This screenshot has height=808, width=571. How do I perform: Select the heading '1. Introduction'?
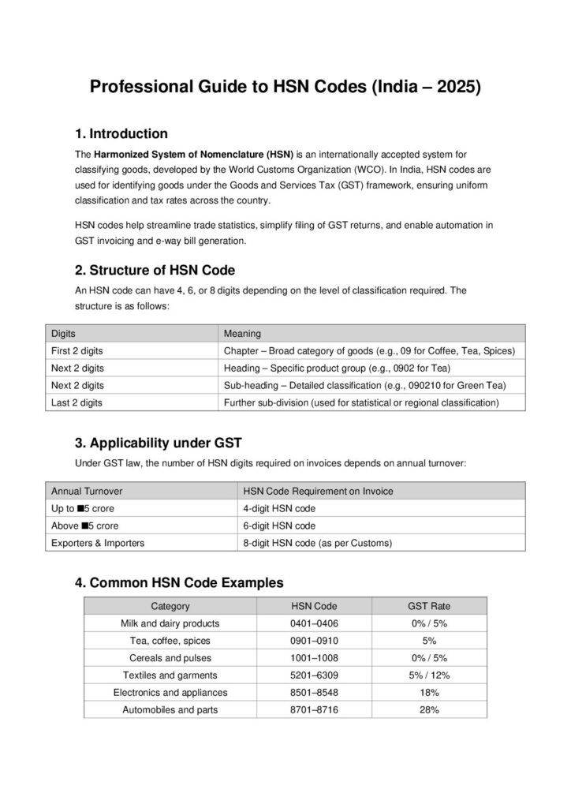[x=121, y=133]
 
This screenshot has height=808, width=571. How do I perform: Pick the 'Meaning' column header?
[x=242, y=334]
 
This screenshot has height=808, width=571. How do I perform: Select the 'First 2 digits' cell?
[x=77, y=351]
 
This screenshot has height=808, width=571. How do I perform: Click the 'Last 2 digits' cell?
[x=77, y=402]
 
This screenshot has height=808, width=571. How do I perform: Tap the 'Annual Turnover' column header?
[x=87, y=491]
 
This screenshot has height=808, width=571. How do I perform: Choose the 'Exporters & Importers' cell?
[x=97, y=543]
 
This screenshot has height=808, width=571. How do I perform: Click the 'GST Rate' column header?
[x=429, y=606]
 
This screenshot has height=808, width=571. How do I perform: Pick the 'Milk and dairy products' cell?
[x=170, y=623]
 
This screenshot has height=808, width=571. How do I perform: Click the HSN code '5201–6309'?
[x=313, y=675]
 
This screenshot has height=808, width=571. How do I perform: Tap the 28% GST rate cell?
[x=429, y=710]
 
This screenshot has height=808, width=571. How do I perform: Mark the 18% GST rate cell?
[x=429, y=693]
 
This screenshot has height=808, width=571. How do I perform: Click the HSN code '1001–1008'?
[x=313, y=658]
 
